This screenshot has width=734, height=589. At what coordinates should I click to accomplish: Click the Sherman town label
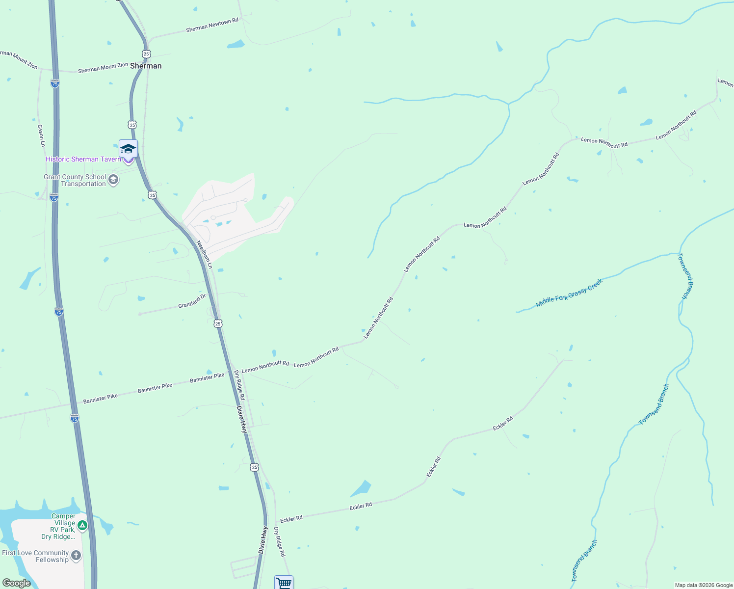[146, 66]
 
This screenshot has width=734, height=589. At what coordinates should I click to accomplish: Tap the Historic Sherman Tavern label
[83, 159]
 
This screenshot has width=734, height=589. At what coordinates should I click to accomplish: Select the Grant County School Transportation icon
[113, 180]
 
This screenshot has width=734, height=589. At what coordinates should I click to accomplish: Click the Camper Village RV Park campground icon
[82, 526]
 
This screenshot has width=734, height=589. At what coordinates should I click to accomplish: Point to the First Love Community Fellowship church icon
[76, 556]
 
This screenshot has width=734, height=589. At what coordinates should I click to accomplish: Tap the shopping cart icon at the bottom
[284, 583]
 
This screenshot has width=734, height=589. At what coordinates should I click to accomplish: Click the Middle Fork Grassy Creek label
[569, 294]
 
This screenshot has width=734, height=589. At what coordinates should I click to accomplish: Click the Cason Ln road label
[41, 135]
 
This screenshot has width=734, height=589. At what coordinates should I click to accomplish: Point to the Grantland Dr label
[192, 301]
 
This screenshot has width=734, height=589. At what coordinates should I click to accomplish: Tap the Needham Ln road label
[204, 254]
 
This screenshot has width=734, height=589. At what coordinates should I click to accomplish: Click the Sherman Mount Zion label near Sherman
[103, 68]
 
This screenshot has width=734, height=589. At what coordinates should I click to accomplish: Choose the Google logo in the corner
[16, 583]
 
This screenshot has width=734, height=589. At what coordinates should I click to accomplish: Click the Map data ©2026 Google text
[704, 585]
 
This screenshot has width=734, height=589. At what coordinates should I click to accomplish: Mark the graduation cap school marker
[128, 149]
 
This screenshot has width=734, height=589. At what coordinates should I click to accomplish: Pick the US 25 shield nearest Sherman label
[146, 54]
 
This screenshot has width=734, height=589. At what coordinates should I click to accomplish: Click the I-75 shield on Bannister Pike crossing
[75, 418]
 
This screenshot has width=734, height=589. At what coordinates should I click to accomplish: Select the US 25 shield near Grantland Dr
[218, 323]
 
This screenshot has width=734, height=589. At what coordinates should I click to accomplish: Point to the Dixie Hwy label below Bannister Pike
[242, 419]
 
